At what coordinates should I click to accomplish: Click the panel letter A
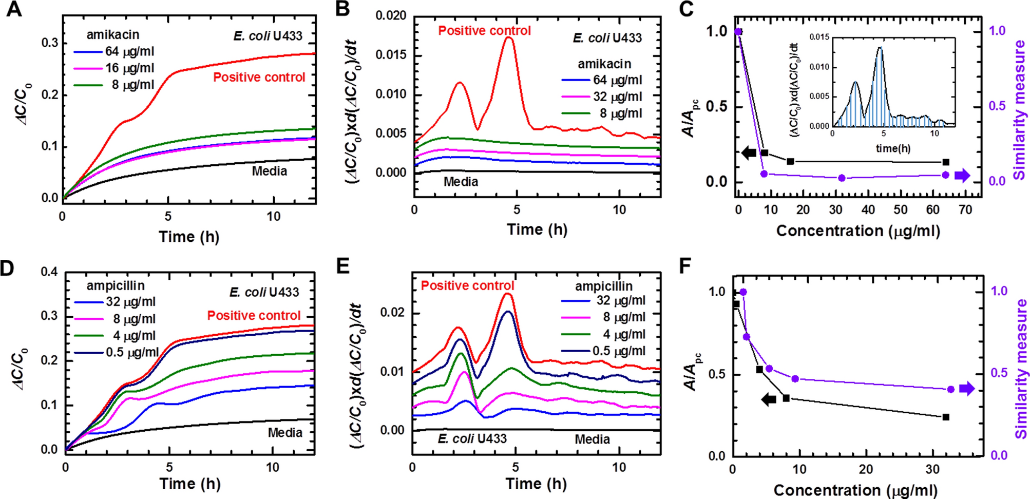click(14, 9)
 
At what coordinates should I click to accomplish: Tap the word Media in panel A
click(269, 171)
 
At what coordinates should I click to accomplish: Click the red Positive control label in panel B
click(484, 31)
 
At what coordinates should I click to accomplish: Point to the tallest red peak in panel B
click(509, 37)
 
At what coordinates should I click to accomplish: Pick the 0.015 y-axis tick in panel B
click(391, 55)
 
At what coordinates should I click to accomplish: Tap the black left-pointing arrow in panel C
click(749, 152)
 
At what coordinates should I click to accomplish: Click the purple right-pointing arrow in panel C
click(962, 176)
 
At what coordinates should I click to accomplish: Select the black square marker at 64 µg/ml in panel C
click(946, 162)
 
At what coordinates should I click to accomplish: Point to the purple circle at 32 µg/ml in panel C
click(842, 178)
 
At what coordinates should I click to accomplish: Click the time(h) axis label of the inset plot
click(893, 149)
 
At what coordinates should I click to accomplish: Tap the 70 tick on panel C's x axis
click(965, 209)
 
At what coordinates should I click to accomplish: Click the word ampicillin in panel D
click(116, 285)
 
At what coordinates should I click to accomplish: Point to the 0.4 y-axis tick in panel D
click(49, 272)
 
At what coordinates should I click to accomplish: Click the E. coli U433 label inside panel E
click(472, 439)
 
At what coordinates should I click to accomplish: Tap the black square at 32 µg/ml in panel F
click(946, 417)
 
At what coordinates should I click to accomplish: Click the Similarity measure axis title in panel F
click(1021, 370)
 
